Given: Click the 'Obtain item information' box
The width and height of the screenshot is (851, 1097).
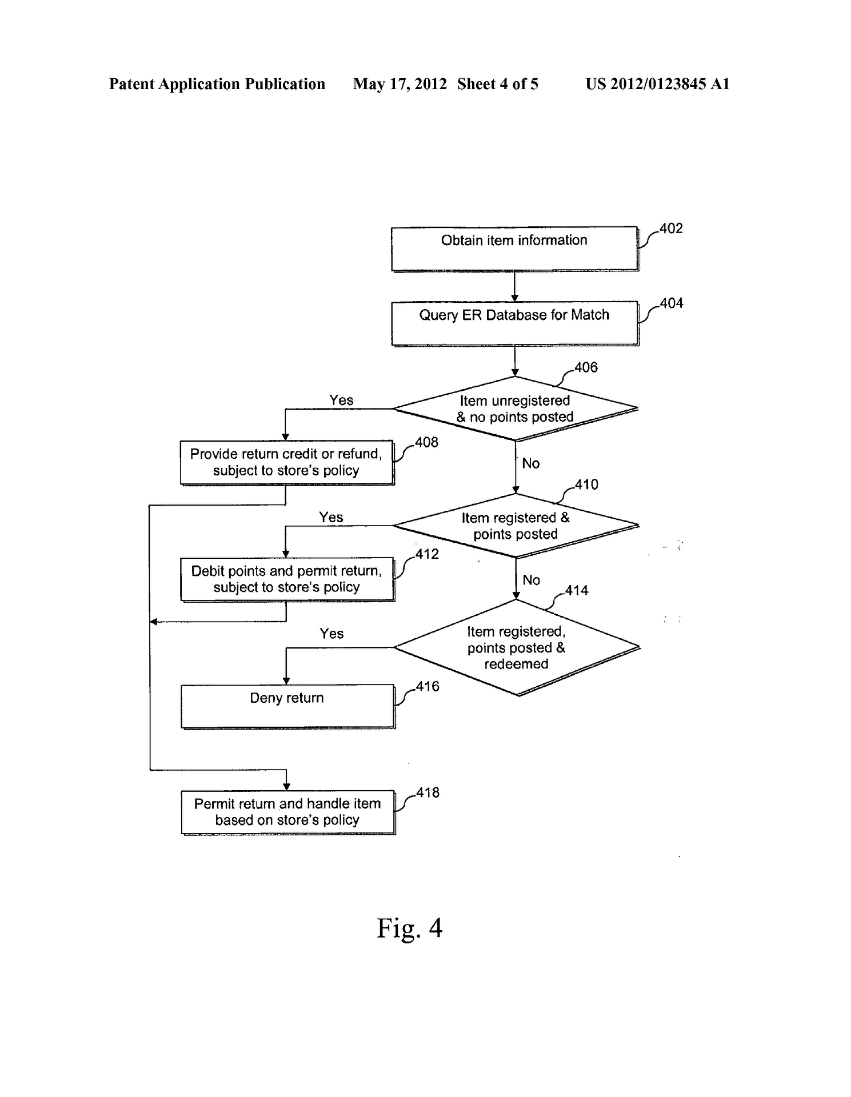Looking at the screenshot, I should (x=514, y=249).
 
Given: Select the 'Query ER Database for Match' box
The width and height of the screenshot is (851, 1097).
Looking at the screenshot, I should (x=514, y=323).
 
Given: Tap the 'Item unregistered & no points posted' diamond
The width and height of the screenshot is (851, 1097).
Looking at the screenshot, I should (x=515, y=409).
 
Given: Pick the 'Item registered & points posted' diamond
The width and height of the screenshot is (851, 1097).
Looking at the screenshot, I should (x=516, y=526).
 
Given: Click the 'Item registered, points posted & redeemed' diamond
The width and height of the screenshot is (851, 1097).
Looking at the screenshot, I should (x=516, y=647).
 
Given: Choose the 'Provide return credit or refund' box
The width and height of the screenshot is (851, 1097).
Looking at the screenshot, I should (x=287, y=462).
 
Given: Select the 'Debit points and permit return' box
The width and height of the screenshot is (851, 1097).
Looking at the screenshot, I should (x=287, y=579).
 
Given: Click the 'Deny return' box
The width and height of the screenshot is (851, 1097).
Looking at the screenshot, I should (x=287, y=706).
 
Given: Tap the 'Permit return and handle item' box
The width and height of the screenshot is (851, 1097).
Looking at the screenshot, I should (x=287, y=812).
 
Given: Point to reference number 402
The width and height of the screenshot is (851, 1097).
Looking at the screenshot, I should (x=671, y=229).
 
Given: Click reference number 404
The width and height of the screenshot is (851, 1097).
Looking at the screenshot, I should (x=672, y=303).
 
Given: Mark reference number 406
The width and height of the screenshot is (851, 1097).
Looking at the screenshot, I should (x=586, y=367).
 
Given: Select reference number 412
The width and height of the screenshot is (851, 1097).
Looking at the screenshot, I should (x=427, y=554).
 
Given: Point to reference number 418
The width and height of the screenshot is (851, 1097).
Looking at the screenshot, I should (x=428, y=793).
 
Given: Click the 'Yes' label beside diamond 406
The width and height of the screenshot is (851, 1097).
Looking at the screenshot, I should (x=341, y=400).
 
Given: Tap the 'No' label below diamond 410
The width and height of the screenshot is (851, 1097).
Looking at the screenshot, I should (x=531, y=580).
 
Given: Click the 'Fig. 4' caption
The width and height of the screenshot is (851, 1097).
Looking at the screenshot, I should (x=409, y=928).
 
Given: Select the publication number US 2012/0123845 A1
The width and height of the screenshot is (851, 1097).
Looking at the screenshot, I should (x=657, y=84).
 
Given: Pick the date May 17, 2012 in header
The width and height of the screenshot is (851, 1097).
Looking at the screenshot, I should (x=399, y=84).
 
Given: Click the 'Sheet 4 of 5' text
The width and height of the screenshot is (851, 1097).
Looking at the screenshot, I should (x=497, y=84).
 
